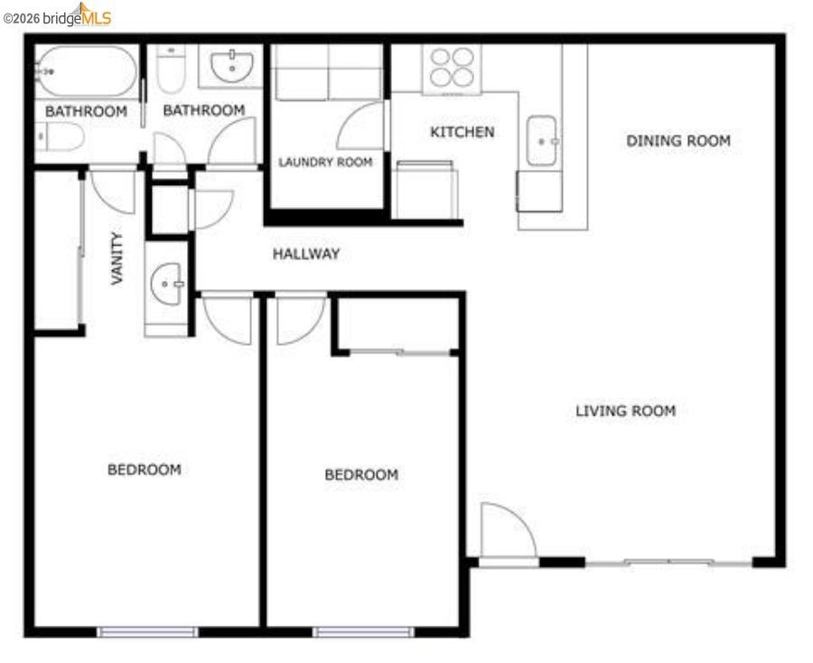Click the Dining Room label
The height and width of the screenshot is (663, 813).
tap(678, 141)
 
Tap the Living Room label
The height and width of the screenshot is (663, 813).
tap(625, 411)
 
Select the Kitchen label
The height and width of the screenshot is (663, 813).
tap(462, 132)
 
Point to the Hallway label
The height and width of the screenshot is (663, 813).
tap(306, 255)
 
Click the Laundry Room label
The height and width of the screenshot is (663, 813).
tap(325, 163)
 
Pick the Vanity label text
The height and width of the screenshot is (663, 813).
tap(117, 258)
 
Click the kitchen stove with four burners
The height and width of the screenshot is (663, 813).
tap(452, 67)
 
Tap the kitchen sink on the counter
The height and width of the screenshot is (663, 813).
tap(542, 141)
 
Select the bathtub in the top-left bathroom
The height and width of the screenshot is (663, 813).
tap(87, 71)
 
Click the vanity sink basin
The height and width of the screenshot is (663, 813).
tap(166, 285)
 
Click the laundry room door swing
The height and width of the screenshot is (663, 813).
tap(362, 127)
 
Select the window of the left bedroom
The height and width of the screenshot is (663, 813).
tap(147, 631)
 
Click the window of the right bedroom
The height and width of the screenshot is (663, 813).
tap(363, 631)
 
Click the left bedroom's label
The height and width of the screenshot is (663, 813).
tap(145, 470)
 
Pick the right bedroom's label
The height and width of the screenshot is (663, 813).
tap(361, 475)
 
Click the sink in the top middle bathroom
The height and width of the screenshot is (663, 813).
tap(232, 66)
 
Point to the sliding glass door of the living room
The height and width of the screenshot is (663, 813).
tap(668, 563)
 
